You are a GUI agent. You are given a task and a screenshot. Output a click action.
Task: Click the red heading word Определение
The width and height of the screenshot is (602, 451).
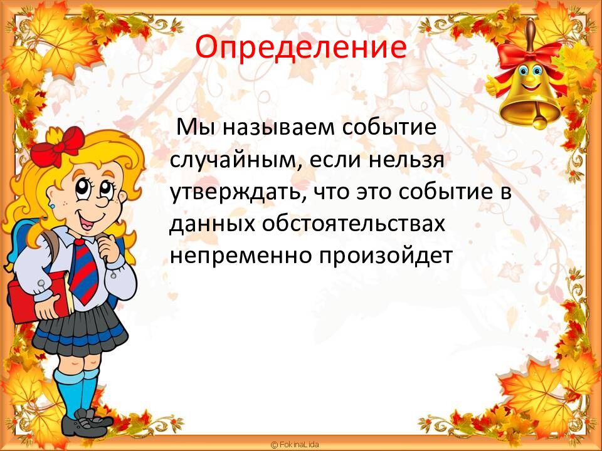[x=300, y=47]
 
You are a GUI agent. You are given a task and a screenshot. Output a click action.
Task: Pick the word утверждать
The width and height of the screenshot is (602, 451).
[x=238, y=192]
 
